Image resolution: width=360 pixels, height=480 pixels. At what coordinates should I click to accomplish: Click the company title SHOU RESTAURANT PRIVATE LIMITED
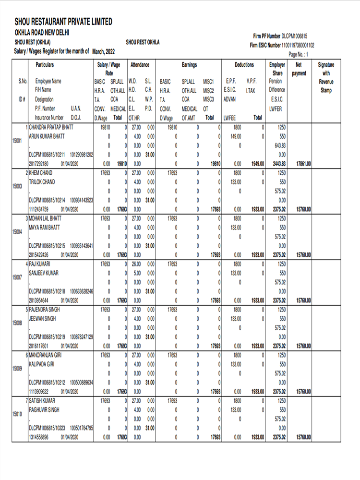[x=63, y=22]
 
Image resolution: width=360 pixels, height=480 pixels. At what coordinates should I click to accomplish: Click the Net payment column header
[x=299, y=69]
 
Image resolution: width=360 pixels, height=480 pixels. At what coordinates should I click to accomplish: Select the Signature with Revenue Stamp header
[x=326, y=77]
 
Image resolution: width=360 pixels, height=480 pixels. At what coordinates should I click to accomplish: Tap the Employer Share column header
[x=277, y=69]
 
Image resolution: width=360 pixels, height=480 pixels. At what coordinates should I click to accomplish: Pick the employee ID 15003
[x=17, y=186]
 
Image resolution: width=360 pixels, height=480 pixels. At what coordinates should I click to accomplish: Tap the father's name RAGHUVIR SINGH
[x=44, y=410]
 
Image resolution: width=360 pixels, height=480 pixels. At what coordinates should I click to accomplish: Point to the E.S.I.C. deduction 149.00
[x=235, y=136]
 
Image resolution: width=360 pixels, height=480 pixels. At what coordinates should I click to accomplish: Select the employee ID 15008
[x=17, y=323]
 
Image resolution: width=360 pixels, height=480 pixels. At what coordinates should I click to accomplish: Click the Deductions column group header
[x=244, y=65]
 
